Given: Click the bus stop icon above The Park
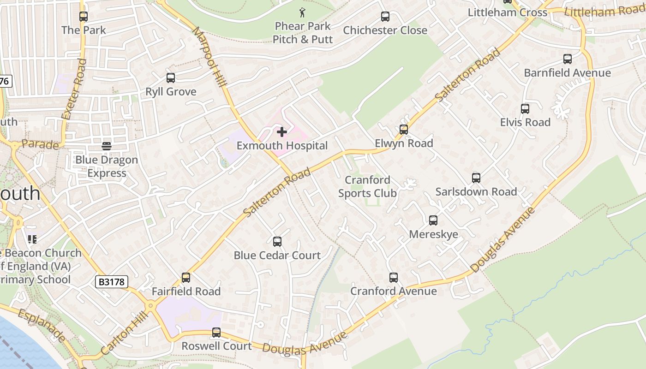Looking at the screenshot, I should click(x=83, y=17).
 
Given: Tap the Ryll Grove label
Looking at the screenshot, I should click(x=171, y=92).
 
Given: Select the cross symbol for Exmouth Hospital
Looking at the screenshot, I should click(x=281, y=132).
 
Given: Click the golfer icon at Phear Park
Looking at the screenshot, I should click(x=302, y=12).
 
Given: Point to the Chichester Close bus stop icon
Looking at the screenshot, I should click(x=385, y=17).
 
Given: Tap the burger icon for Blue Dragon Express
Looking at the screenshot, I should click(x=107, y=147).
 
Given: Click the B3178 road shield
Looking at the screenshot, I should click(x=112, y=282).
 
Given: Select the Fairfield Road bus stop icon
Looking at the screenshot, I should click(x=186, y=278).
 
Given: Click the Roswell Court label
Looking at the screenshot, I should click(x=216, y=346).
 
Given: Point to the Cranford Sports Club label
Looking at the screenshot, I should click(x=367, y=186).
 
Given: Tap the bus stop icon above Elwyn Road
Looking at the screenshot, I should click(x=404, y=130).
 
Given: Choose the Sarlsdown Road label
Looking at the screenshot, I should click(x=476, y=191).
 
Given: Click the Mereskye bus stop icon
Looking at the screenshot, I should click(x=433, y=220).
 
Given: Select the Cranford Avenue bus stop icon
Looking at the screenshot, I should click(x=394, y=278).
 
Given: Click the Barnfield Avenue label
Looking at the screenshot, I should click(x=567, y=73).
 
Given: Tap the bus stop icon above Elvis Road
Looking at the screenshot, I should click(x=525, y=109).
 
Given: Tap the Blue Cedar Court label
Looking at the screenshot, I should click(x=277, y=256).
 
